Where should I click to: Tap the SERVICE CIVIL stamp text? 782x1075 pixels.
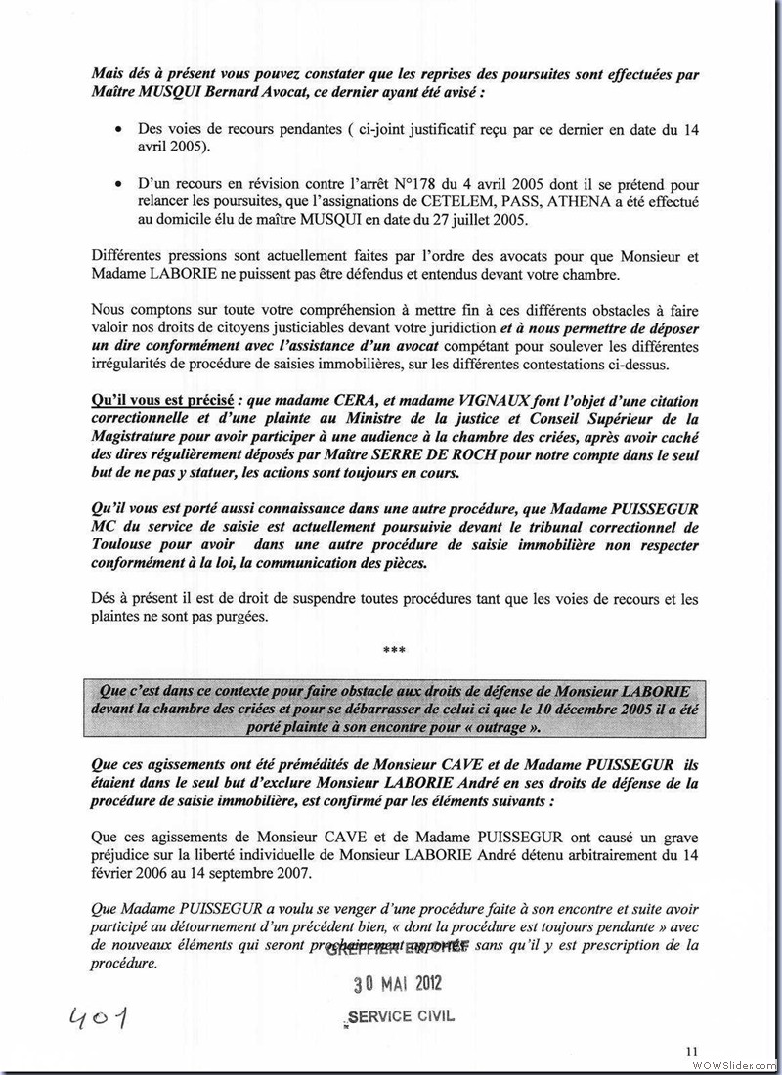[401, 1016]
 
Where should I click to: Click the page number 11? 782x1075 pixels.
[692, 1051]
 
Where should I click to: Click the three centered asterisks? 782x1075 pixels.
[394, 649]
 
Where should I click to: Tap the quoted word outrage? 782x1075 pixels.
[507, 729]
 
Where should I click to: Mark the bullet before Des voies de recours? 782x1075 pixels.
[118, 129]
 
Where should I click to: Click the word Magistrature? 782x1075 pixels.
[142, 437]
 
